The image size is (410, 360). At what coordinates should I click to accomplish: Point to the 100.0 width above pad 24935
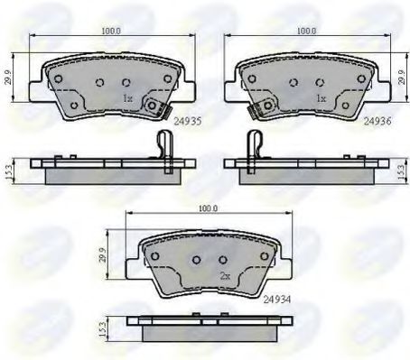click(x=111, y=31)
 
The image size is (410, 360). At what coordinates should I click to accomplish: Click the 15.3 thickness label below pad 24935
click(x=9, y=171)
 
